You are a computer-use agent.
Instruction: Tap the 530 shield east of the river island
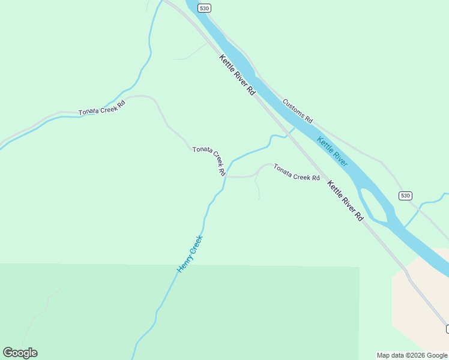point(405,196)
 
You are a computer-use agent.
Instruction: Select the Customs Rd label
point(298,111)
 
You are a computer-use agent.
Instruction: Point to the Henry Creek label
point(190,253)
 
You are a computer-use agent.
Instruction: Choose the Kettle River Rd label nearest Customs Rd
point(238,75)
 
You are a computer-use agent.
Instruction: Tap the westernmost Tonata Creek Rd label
point(102,107)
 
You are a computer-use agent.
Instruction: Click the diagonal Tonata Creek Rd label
point(208,160)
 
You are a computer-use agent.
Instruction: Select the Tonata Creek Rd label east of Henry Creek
point(297,172)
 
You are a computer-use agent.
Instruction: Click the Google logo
point(20,353)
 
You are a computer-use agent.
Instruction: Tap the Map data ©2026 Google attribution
point(412,355)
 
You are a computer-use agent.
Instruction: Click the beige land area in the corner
point(420,300)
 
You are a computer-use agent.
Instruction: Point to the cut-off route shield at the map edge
point(447,328)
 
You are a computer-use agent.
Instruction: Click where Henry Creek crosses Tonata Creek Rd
point(225,177)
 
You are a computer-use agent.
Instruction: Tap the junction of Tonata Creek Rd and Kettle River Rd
point(325,179)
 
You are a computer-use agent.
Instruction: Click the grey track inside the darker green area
point(42,312)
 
